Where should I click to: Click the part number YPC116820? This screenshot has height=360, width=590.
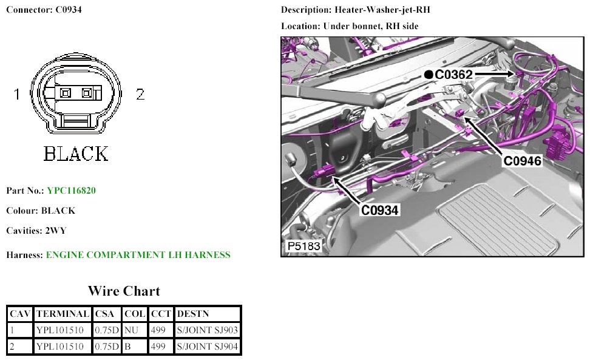coord(71,191)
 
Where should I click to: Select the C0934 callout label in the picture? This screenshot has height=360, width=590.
coord(379,210)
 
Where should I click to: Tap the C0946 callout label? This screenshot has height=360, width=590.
coord(522,161)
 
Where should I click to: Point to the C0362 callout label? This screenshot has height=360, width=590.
coord(453,75)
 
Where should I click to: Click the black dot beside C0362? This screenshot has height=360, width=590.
coord(428,75)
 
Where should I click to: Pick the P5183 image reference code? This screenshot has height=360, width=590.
coord(303,246)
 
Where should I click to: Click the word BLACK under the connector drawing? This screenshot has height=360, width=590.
coord(76,154)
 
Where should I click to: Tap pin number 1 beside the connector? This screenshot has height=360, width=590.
coord(16,93)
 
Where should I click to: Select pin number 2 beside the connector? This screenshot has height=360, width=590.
coord(140,93)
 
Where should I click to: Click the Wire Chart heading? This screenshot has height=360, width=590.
coord(124,291)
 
